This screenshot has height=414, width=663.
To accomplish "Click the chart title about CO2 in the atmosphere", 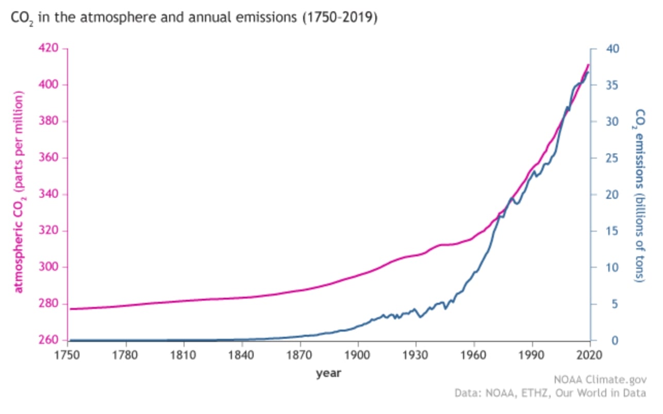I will click(194, 19).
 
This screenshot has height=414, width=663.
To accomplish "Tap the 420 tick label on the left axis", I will click(49, 48).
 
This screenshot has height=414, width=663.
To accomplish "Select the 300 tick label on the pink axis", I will click(49, 267).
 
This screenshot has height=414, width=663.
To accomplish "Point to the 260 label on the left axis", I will click(49, 340).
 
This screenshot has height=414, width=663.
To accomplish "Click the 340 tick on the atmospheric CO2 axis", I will click(49, 194).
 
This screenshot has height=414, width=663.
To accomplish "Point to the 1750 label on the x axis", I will click(68, 355).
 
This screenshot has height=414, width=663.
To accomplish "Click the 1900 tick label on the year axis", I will click(358, 355).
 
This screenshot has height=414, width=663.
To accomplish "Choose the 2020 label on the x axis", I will click(590, 355).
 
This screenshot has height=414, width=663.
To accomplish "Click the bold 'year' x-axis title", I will click(328, 373).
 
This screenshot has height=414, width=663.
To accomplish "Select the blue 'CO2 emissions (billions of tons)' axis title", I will click(639, 195).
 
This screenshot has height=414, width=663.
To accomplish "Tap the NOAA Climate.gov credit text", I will click(599, 380).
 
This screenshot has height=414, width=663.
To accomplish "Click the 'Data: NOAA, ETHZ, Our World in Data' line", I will click(550, 393).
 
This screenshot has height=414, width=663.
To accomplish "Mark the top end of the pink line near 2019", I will click(588, 65).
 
